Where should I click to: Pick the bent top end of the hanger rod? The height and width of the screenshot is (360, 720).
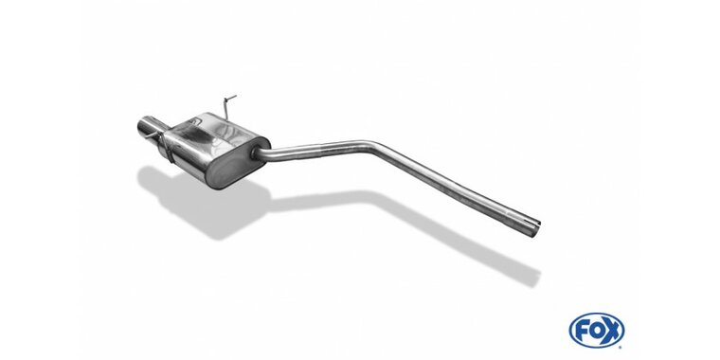coord(230,97)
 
